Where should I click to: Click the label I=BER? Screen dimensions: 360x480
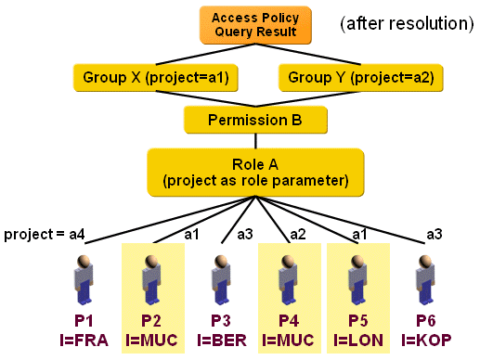222,340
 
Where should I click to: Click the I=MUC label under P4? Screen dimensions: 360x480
291,340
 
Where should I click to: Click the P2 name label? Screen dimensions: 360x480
153,320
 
